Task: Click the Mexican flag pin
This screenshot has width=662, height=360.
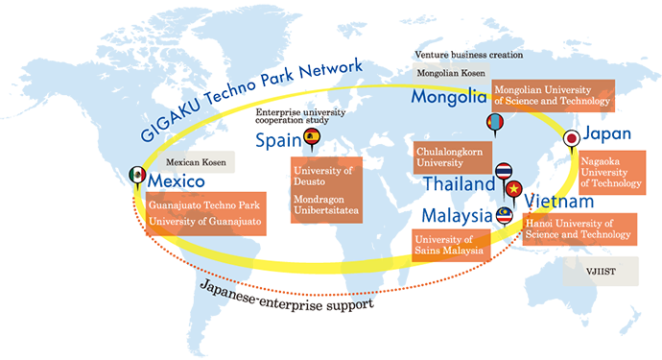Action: coord(137,176)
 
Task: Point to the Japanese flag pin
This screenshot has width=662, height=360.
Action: coord(574,138)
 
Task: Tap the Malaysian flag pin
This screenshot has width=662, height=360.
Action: coord(505,216)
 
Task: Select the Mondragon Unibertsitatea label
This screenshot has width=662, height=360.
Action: coord(326,208)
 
